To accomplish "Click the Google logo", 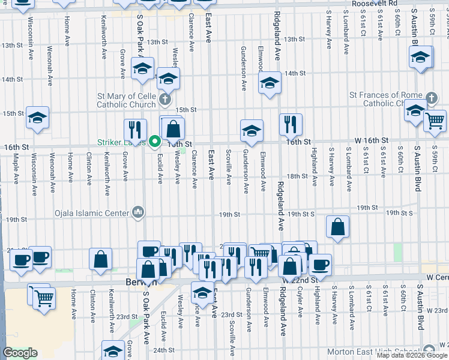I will [x=20, y=353].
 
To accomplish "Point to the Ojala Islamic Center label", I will [x=91, y=212].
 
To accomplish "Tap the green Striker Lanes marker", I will [x=154, y=142].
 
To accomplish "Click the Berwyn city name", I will [x=133, y=282].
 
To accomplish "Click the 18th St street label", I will [x=297, y=176].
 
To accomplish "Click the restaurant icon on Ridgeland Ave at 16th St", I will [x=291, y=125].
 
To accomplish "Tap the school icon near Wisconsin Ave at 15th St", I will [x=37, y=118].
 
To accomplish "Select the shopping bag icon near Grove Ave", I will [x=101, y=259].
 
